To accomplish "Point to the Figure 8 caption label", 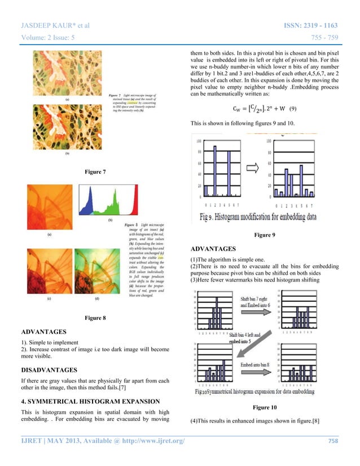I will [94, 319].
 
